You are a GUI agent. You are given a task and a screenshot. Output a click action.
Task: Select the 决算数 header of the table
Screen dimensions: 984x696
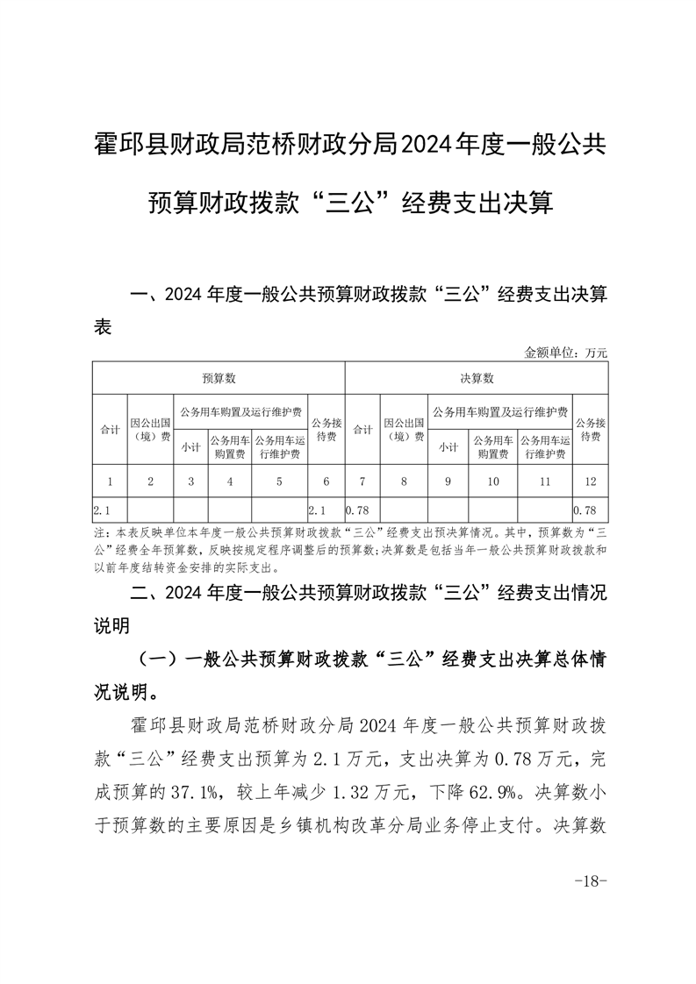[x=477, y=378]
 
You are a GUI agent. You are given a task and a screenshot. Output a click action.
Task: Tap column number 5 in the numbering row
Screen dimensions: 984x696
[x=279, y=481]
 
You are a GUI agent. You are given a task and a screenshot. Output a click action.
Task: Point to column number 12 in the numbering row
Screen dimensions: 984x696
[x=590, y=481]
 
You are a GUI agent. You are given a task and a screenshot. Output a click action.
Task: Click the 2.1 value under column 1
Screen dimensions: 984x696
[x=101, y=510]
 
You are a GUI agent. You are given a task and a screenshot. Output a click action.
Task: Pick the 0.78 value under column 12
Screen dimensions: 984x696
[x=585, y=510]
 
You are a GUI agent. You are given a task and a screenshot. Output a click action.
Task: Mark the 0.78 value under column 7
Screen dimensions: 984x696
[x=356, y=510]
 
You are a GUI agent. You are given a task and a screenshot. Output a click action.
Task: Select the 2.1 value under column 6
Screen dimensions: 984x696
[x=319, y=510]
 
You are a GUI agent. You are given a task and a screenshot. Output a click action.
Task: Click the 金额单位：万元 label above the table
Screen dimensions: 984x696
[x=565, y=352]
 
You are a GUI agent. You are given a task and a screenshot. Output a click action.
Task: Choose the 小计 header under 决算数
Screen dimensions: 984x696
[x=448, y=446]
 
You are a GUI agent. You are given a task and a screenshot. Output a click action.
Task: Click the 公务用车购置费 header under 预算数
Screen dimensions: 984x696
[x=229, y=446]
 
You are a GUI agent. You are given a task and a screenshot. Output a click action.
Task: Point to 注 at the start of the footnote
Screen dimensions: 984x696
[x=97, y=532]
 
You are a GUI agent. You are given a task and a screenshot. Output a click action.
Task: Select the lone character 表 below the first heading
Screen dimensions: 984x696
[x=103, y=327]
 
